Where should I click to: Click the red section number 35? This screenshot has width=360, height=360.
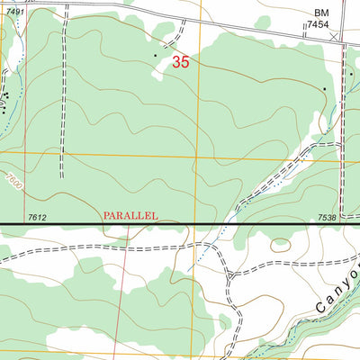(181, 63)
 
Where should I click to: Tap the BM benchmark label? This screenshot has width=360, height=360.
(321, 13)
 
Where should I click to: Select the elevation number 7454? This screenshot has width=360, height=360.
(319, 26)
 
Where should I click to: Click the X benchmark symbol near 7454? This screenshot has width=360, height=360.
(336, 37)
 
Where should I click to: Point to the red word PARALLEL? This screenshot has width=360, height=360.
(130, 216)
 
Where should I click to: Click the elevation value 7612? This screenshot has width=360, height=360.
(37, 217)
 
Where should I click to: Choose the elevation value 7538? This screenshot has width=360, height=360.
(328, 217)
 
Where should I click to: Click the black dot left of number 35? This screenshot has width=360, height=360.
(155, 56)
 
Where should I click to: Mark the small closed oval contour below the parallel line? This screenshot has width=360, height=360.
(281, 243)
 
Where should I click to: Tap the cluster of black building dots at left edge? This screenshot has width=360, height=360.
(5, 94)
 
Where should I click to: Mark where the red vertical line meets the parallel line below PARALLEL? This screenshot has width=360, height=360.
(129, 222)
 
